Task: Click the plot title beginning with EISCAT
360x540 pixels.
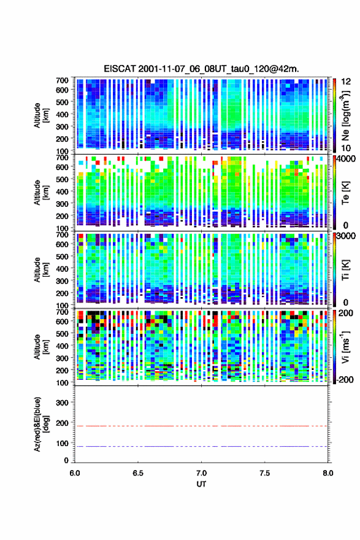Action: [x=201, y=69]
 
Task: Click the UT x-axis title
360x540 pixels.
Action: [x=201, y=484]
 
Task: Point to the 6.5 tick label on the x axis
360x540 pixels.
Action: [x=138, y=473]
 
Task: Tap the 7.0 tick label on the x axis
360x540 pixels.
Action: [x=201, y=473]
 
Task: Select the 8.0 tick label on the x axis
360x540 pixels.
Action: [x=328, y=473]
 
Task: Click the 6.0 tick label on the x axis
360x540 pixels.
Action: [x=75, y=473]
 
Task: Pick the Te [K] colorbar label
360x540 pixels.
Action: [x=345, y=193]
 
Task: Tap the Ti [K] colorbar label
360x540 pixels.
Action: [x=345, y=269]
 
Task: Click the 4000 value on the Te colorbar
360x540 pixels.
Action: [x=346, y=159]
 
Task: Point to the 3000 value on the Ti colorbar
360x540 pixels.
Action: [x=346, y=236]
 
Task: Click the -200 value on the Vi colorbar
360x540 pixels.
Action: [x=343, y=379]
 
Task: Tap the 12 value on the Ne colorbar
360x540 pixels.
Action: [x=346, y=82]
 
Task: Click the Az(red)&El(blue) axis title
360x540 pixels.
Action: [x=41, y=424]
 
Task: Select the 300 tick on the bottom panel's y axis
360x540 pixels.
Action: [x=63, y=403]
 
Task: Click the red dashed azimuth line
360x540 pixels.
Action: [x=201, y=426]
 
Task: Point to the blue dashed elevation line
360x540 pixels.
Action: [x=201, y=446]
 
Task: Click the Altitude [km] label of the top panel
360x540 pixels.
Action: [x=41, y=115]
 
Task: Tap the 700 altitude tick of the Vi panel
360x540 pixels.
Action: [x=63, y=312]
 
